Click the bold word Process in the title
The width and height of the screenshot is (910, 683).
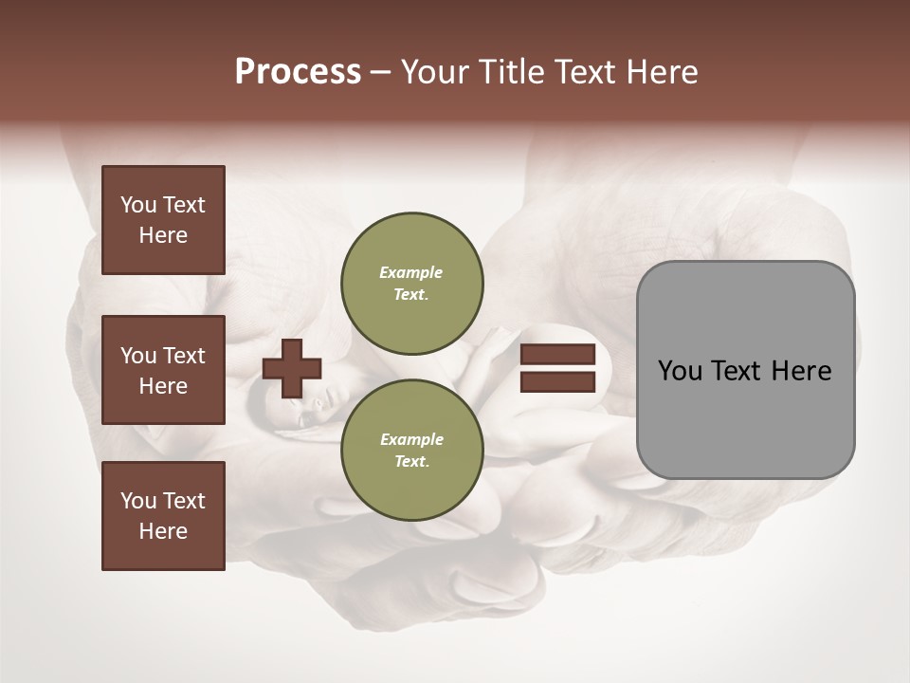(298, 72)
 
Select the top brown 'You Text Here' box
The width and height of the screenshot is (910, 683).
(163, 220)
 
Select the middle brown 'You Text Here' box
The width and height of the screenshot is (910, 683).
(163, 370)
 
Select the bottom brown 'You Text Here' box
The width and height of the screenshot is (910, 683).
(163, 516)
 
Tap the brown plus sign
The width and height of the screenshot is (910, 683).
(292, 368)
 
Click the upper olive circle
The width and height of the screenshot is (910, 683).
(411, 283)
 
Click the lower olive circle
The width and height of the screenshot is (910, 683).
(411, 450)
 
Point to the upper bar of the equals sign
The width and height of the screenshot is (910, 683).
(557, 354)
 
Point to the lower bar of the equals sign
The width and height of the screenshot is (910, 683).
(557, 382)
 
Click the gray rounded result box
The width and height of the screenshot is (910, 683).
(745, 417)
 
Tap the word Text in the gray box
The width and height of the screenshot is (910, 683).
(745, 371)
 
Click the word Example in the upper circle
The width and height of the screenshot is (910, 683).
(411, 272)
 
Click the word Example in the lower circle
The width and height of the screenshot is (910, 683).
(411, 439)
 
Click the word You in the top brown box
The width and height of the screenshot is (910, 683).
(138, 205)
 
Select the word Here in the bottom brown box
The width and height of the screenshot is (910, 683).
(163, 531)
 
